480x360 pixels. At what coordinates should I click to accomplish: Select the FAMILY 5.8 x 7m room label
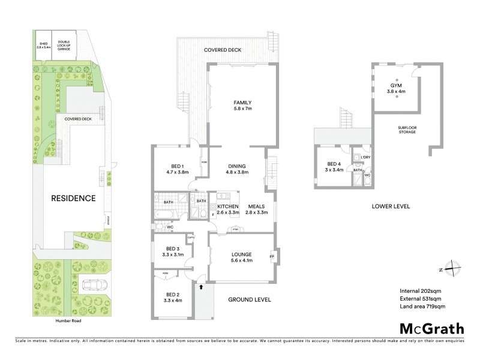(242, 106)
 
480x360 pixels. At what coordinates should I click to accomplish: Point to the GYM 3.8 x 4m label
(397, 88)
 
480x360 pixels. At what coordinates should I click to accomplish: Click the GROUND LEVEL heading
(250, 299)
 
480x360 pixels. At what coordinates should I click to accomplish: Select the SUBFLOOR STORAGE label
(410, 130)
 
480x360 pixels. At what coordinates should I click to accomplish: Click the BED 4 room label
(335, 166)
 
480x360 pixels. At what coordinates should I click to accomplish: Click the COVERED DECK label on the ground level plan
(222, 50)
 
